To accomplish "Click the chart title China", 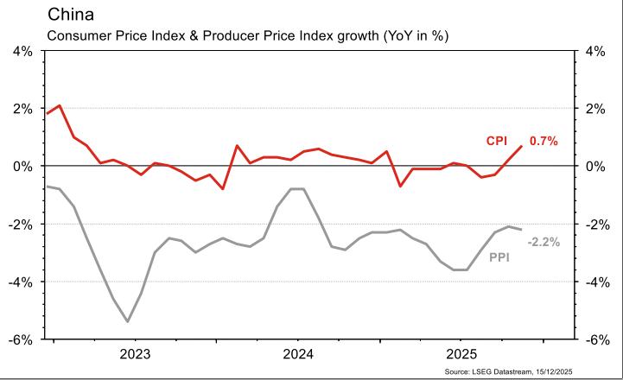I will [x=72, y=15].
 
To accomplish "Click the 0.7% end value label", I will [x=544, y=141].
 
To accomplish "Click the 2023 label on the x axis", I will [x=135, y=354].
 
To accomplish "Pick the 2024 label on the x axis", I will [x=298, y=354].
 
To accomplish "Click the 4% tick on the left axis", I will [x=21, y=51].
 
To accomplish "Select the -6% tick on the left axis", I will [x=19, y=339].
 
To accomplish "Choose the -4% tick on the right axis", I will [x=599, y=282].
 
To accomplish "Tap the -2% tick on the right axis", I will [x=599, y=224].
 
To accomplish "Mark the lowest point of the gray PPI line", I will [x=128, y=321].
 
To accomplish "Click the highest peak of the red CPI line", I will [x=59, y=105].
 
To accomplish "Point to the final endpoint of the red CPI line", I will [x=521, y=146].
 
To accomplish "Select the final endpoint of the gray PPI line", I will [x=521, y=229].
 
